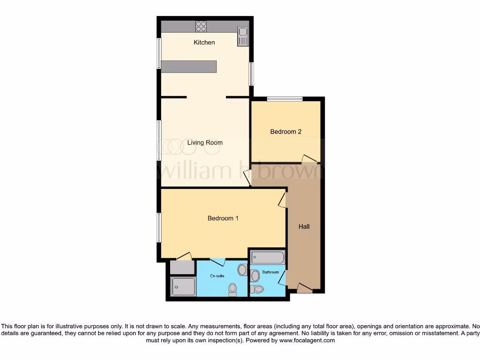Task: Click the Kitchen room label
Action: point(204,43)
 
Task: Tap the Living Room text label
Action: point(205,142)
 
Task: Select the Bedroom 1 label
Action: point(223,218)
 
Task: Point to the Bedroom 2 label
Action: point(285,132)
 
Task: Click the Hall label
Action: point(304,227)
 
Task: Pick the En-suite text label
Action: point(217,276)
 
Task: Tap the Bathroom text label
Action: point(270,272)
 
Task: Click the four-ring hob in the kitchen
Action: point(202,26)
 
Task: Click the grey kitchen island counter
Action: point(189,67)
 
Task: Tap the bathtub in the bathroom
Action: point(267,258)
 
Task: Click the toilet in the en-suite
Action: point(232,290)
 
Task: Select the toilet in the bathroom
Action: point(256,289)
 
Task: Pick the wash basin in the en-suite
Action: point(242,270)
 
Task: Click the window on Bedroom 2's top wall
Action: point(285,99)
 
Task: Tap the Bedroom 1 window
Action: point(159,227)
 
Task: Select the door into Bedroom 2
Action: point(309,159)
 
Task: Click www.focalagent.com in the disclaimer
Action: point(307,341)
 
